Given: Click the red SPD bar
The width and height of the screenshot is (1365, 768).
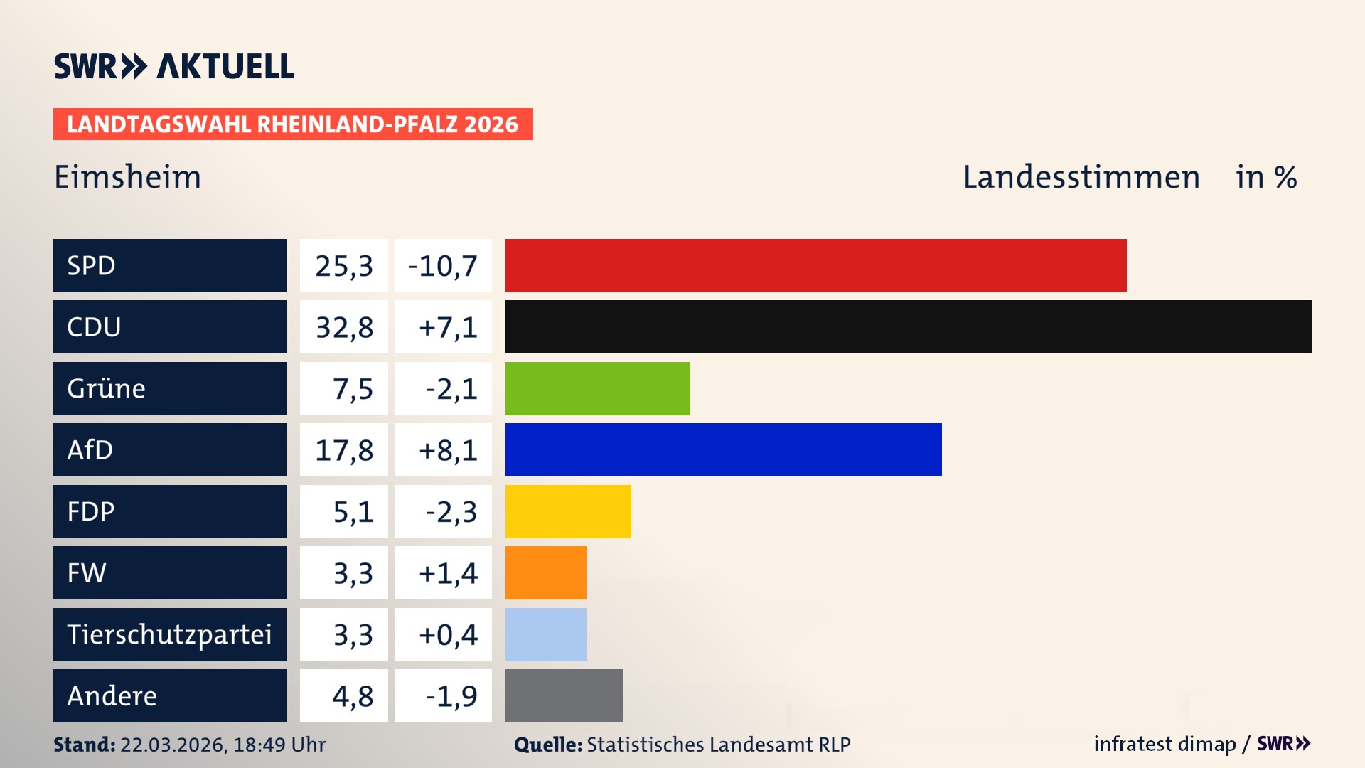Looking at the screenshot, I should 815,265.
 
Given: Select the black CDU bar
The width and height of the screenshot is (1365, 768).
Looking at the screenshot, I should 908,326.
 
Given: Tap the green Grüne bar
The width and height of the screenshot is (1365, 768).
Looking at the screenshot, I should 597,388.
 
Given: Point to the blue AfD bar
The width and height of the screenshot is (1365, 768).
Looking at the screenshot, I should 723,449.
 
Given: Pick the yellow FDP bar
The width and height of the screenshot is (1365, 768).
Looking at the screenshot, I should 568,511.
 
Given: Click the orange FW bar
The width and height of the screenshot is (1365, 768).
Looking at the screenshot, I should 545,572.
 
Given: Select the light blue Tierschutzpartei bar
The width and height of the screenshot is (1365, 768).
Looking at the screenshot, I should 545,634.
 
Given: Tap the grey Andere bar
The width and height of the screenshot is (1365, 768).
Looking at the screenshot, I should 564,695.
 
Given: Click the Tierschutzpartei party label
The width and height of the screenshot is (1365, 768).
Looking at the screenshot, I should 169,634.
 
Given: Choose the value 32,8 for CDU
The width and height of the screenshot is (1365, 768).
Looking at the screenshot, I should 344,327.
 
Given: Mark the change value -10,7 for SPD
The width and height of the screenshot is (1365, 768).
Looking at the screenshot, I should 443,266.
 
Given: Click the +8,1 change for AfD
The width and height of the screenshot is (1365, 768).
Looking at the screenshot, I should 447,450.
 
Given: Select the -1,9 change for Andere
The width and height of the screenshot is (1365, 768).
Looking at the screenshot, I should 451,696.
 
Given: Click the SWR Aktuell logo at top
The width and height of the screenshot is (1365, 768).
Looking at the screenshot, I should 173,66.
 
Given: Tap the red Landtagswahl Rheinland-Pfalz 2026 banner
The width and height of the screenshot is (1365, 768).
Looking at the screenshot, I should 292,124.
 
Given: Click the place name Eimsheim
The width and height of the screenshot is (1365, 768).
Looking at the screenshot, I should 128,177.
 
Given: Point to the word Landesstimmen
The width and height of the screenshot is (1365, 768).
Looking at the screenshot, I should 1081,177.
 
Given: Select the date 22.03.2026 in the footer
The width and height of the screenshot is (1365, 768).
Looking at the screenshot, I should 173,745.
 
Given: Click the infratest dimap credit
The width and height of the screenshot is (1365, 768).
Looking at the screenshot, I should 1164,744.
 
